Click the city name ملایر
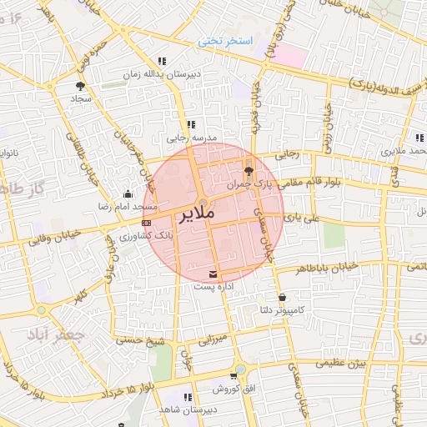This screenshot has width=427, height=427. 197,214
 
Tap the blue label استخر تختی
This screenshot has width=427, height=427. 225,41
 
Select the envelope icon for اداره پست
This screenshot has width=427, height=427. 215,274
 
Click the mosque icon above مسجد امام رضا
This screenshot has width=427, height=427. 127,193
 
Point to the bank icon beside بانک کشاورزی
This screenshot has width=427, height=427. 147,224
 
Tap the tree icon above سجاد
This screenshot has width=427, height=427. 80,86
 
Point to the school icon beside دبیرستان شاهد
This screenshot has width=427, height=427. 187,397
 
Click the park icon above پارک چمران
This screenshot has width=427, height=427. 250,171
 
